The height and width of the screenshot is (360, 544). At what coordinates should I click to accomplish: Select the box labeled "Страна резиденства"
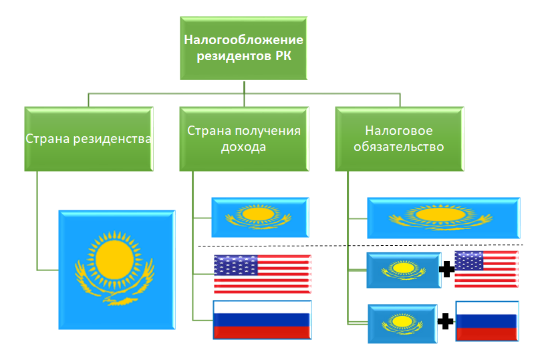point(88,139)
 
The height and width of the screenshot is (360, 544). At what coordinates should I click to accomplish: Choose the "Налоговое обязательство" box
point(400,139)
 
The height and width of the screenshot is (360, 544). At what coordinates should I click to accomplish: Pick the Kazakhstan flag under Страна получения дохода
point(260,217)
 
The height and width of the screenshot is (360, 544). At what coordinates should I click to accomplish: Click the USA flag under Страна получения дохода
point(262,274)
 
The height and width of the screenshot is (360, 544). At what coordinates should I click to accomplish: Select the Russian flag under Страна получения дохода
point(261,319)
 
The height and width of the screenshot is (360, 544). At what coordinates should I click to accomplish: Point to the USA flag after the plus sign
point(486,269)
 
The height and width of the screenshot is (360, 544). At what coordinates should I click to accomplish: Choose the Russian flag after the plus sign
point(487,322)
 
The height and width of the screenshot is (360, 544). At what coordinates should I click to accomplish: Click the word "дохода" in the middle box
point(243,148)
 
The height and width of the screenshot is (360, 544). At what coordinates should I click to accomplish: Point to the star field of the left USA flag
point(235,265)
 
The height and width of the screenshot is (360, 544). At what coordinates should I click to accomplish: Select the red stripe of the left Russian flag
point(261,331)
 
